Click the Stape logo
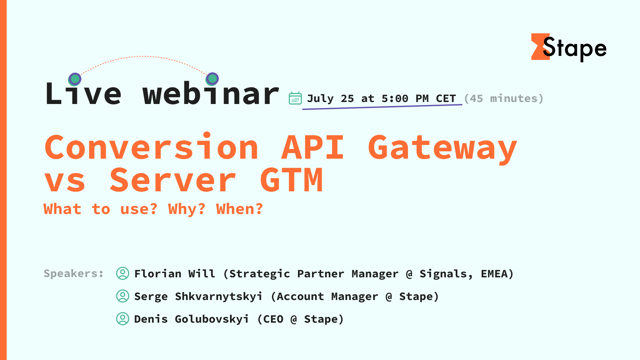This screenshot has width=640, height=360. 569,48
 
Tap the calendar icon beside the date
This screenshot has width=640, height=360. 295,98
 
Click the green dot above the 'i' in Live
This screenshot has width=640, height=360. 75,79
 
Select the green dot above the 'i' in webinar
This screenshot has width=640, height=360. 212,79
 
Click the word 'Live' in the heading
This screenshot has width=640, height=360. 83,94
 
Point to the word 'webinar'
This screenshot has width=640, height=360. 211,94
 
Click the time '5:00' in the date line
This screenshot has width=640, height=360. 395,99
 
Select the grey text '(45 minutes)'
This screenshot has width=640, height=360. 503,99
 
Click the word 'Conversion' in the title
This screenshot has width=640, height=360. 152,147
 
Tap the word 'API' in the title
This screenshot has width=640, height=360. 313,147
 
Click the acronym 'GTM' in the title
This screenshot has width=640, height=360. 291,180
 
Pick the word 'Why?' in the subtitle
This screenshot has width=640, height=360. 187,209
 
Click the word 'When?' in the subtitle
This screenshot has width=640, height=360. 239,209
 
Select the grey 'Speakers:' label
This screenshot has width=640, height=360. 74,274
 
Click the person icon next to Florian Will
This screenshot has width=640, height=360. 123,273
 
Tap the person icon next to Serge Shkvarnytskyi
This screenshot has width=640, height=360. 123,296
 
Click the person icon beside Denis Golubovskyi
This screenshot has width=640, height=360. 123,319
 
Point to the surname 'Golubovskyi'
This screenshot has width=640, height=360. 212,319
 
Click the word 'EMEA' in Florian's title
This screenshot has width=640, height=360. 494,274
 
